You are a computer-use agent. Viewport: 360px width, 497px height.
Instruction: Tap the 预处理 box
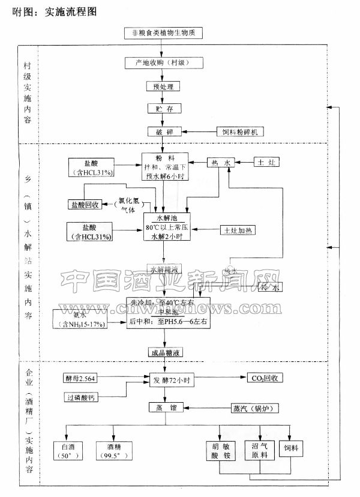[163, 86]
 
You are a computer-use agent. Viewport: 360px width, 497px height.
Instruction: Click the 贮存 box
[163, 109]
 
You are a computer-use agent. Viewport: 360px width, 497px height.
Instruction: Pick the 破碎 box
[163, 131]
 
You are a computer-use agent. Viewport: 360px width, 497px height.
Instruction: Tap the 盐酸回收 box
[86, 205]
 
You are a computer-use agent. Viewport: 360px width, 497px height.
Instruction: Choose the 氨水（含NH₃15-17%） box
[82, 319]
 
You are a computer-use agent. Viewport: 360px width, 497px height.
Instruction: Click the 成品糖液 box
[164, 352]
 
